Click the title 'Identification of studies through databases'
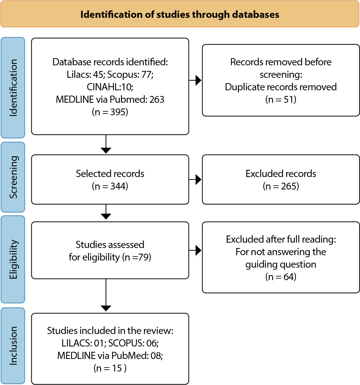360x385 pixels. [x=180, y=15]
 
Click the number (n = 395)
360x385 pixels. [x=110, y=112]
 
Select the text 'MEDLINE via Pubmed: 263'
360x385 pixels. [x=110, y=100]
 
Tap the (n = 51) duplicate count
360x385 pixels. [x=281, y=100]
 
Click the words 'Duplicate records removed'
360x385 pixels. [x=281, y=87]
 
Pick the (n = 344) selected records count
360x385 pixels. [x=110, y=186]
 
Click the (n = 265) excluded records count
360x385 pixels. [x=281, y=186]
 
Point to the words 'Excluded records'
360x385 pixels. [x=281, y=174]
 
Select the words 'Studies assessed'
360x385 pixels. [x=110, y=244]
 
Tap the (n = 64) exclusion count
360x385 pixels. [x=281, y=277]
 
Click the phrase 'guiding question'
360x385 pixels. [x=281, y=264]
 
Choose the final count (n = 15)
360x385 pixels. [x=110, y=368]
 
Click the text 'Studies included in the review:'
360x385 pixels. [x=110, y=331]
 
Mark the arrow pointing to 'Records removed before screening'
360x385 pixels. [x=195, y=80]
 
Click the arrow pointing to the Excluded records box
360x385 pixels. [x=195, y=179]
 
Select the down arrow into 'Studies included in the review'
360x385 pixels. [x=106, y=295]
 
